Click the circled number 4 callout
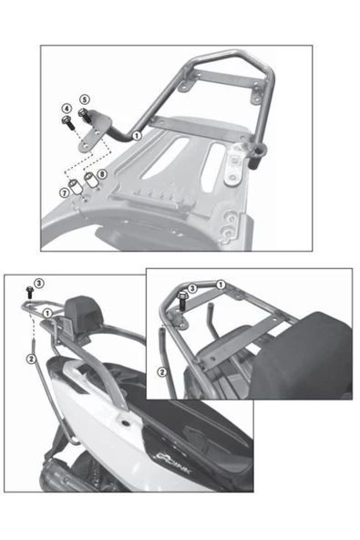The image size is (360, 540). pyautogui.click(x=67, y=109)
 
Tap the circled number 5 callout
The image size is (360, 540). pyautogui.click(x=84, y=99)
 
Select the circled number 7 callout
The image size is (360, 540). pyautogui.click(x=64, y=192)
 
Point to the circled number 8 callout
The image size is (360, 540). pyautogui.click(x=101, y=173)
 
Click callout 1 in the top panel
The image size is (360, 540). pyautogui.click(x=137, y=134)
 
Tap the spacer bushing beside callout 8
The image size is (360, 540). pyautogui.click(x=91, y=177)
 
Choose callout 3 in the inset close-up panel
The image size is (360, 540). pyautogui.click(x=193, y=287)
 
